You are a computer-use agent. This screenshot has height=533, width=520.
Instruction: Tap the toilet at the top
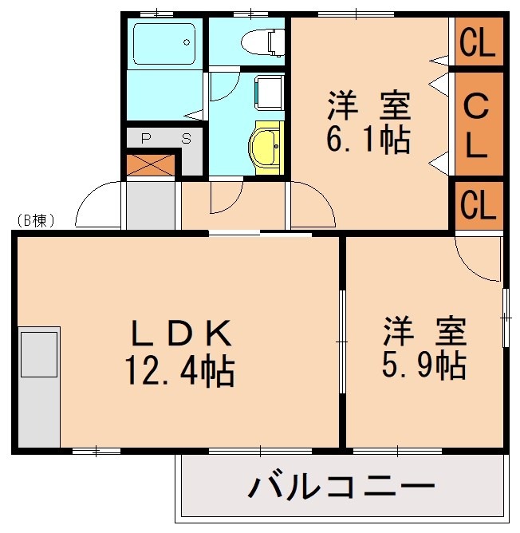tap(264, 40)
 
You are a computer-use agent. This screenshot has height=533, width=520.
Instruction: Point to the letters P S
tap(166, 137)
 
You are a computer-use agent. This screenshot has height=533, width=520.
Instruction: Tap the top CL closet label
tap(479, 45)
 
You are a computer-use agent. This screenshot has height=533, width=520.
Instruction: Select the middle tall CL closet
tap(479, 124)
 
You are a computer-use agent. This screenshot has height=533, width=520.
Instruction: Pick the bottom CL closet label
tap(479, 206)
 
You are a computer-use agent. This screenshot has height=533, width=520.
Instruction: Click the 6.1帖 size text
tap(368, 140)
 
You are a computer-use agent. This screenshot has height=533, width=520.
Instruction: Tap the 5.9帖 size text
tap(423, 365)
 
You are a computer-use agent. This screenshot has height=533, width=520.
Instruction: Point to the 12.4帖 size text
tap(179, 369)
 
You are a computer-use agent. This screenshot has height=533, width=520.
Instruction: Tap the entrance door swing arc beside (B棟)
tap(95, 204)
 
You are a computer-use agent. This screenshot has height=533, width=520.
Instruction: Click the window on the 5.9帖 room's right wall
tap(506, 318)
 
